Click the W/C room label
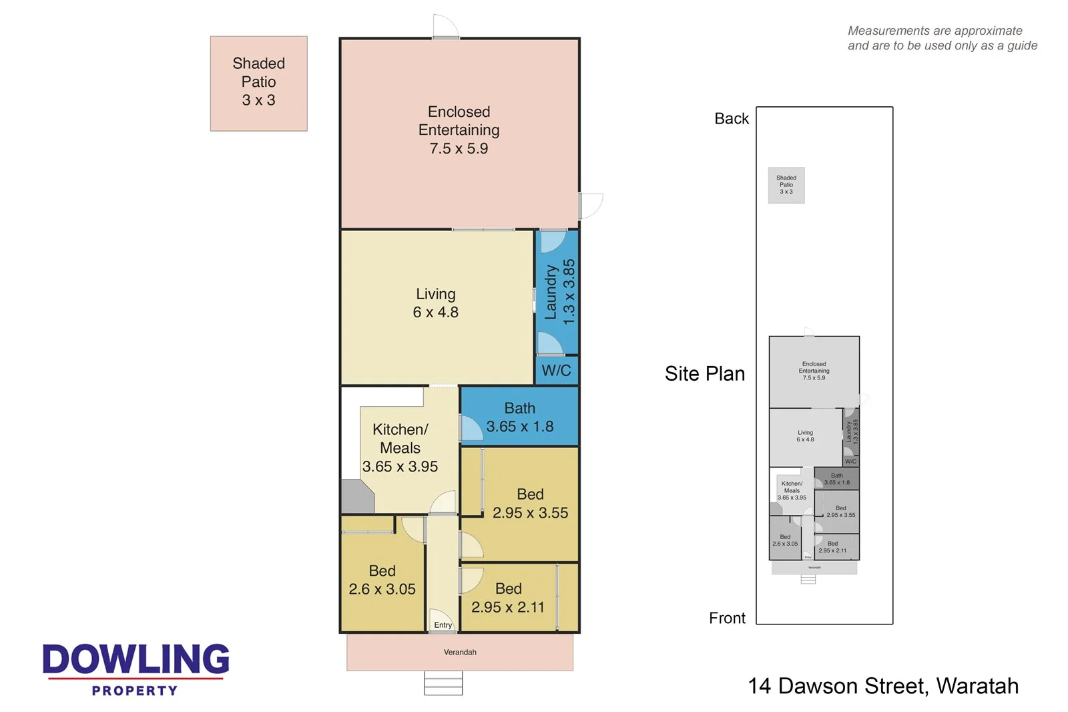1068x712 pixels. [x=556, y=371]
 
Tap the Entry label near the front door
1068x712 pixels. [x=443, y=625]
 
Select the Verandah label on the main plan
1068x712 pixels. [x=460, y=652]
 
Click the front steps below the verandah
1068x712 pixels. [x=443, y=683]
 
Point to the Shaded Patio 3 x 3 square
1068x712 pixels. [x=258, y=83]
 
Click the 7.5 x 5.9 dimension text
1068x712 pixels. [x=459, y=148]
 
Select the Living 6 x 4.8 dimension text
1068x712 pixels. [x=435, y=312]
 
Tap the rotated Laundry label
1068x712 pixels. [x=551, y=292]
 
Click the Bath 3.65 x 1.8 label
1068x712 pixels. [x=519, y=417]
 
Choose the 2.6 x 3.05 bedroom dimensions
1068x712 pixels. [x=382, y=589]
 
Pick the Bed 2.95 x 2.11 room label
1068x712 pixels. [x=508, y=598]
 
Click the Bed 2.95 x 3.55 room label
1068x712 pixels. [x=530, y=504]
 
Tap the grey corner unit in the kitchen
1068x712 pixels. [x=357, y=496]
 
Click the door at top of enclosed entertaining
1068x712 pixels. [x=445, y=27]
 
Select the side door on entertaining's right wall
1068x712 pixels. [x=590, y=206]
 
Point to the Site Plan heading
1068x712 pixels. [x=704, y=373]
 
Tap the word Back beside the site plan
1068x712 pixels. [x=732, y=119]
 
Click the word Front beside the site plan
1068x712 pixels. [x=727, y=618]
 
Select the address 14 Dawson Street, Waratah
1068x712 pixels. [x=882, y=686]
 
